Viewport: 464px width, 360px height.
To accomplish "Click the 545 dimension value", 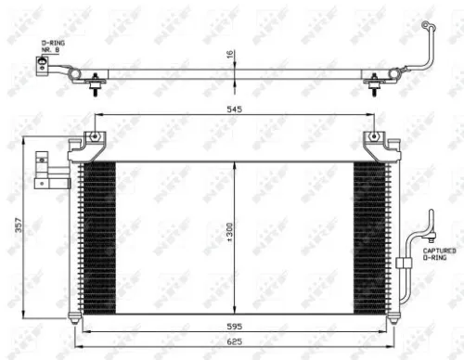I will tap(234, 108).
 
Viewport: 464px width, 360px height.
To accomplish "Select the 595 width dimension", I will tap(234, 326).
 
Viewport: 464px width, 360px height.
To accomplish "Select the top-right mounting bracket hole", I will tap(373, 138).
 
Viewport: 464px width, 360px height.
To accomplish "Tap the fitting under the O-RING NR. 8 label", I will tap(43, 65).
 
